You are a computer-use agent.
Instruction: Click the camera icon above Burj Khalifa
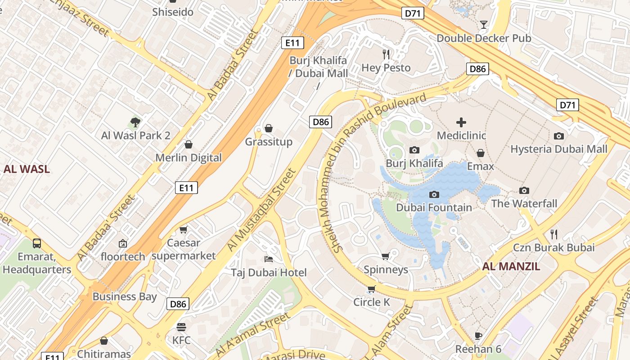pos(414,150)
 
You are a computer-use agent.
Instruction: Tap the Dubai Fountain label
pos(434,207)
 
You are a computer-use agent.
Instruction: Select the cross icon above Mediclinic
pos(461,122)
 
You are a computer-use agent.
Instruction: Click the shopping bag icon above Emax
pos(481,153)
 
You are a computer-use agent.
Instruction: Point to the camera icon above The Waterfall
pos(524,190)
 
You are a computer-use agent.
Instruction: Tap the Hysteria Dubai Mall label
pos(558,149)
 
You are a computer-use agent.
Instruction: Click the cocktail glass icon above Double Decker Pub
pos(484,24)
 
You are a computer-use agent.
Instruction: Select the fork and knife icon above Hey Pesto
pos(386,54)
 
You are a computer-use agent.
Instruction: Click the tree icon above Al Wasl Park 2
pos(135,121)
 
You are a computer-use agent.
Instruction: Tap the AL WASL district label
pos(27,169)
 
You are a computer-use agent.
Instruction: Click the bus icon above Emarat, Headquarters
pos(37,243)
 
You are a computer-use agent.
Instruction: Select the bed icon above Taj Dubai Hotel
pos(269,259)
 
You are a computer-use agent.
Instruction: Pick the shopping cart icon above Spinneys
pos(385,256)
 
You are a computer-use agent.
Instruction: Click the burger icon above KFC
pos(181,327)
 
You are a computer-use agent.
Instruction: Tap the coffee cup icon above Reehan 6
pos(478,336)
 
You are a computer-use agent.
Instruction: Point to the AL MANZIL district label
pos(511,266)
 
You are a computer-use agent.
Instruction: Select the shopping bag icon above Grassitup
pos(269,129)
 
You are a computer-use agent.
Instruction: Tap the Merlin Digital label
pos(189,158)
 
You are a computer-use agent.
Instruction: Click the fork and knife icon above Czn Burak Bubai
pos(554,234)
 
